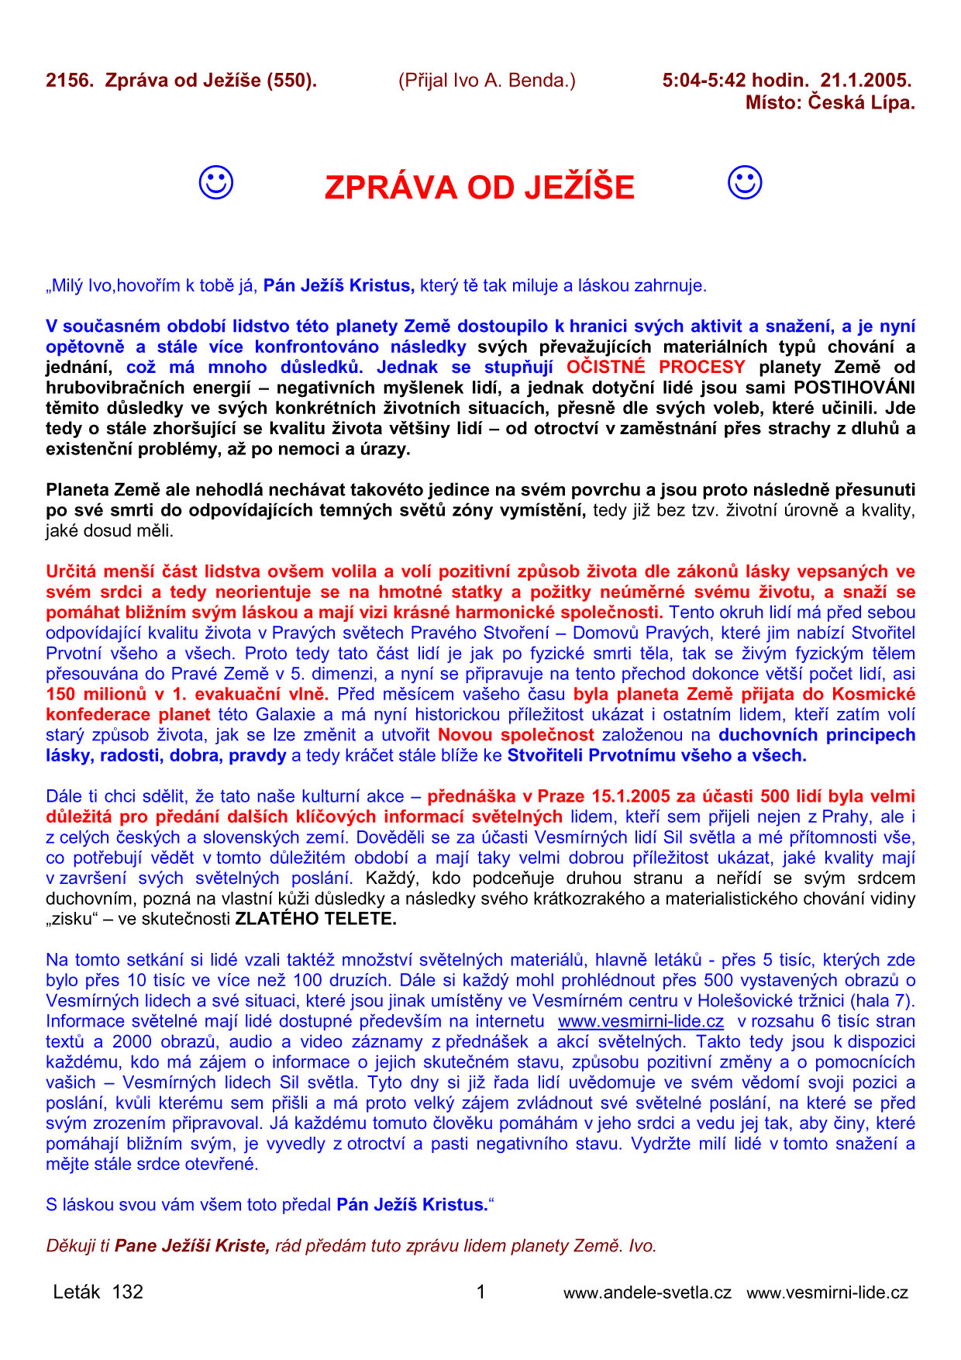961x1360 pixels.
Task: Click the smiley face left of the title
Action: (215, 183)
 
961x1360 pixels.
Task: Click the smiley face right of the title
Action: (745, 183)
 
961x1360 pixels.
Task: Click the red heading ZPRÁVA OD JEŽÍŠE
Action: (479, 188)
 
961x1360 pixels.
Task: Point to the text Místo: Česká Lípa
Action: (830, 102)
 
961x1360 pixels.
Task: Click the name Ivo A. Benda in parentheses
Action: (487, 81)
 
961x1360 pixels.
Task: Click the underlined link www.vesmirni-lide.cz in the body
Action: (641, 1021)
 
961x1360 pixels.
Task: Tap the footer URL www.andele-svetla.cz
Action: (647, 1293)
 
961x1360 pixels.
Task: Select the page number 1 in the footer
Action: (480, 1292)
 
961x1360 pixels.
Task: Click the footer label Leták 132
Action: (98, 1292)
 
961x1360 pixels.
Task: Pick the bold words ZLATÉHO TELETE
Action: (315, 920)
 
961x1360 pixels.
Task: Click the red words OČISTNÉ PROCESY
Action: (656, 368)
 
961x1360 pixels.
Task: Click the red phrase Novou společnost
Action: (516, 735)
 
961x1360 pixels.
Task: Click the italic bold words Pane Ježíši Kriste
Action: (192, 1246)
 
